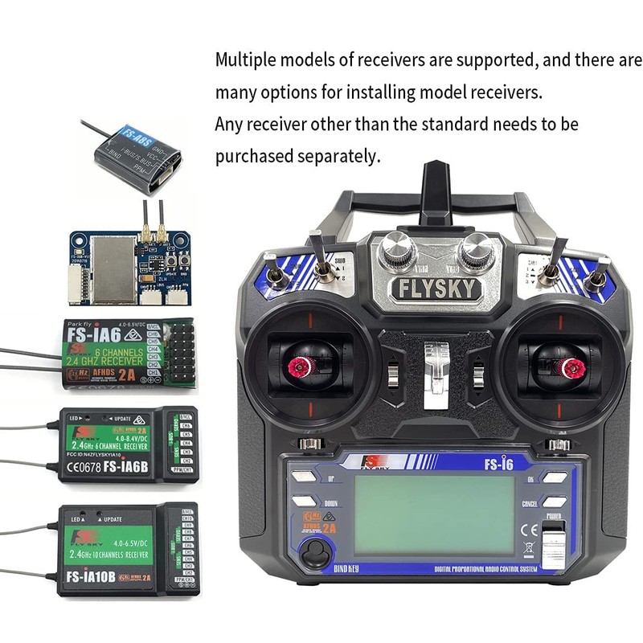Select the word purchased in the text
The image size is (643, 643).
[x=254, y=157]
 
